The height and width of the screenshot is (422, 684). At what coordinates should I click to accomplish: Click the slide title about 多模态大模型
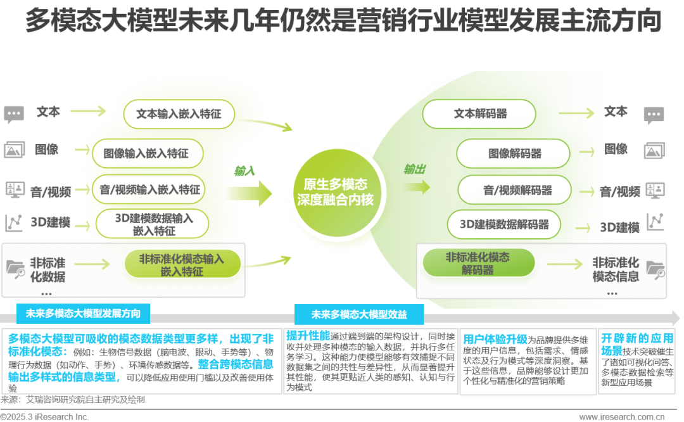tap(342, 20)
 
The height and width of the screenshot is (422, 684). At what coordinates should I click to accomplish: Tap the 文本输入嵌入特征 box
tap(179, 115)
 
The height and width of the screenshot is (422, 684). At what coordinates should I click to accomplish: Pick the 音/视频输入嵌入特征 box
tap(149, 189)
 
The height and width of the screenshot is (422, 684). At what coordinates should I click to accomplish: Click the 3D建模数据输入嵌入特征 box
tap(154, 224)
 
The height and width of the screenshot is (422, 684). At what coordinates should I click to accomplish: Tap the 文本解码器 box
tap(480, 114)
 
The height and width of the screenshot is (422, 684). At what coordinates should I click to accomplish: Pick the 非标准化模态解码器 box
tap(478, 263)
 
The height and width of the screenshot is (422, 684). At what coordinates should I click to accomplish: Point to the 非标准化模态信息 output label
tap(616, 269)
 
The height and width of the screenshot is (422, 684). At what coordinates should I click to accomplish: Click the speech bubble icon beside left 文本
tap(13, 115)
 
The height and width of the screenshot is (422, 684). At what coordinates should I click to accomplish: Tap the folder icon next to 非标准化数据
tap(15, 268)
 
